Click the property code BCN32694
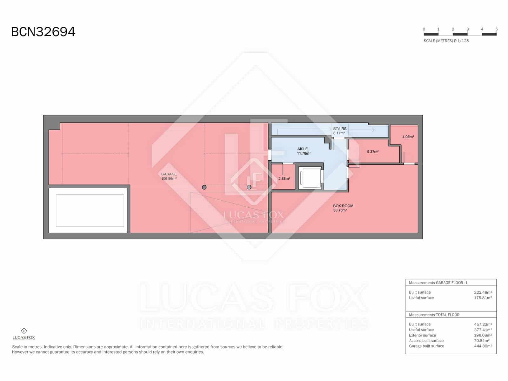[x=43, y=32]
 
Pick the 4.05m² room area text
[x=408, y=137]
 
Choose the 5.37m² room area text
[x=373, y=152]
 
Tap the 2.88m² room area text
[x=284, y=179]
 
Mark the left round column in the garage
[x=204, y=187]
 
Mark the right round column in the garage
[x=249, y=187]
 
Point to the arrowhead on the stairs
[x=373, y=130]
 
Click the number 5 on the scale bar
[x=496, y=29]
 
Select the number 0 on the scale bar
[x=424, y=29]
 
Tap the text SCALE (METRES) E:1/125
[x=446, y=41]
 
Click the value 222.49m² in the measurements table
[x=483, y=292]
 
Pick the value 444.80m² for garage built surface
[x=483, y=346]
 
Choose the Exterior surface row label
[x=422, y=335]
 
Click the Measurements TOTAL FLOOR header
[x=434, y=315]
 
